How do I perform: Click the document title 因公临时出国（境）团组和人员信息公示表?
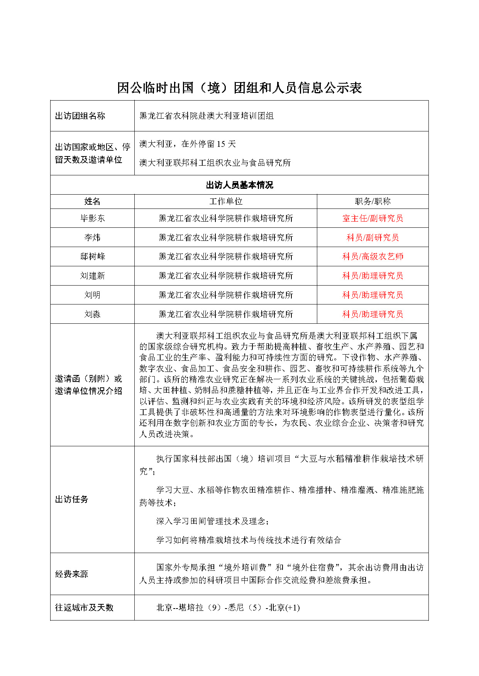[x=239, y=88]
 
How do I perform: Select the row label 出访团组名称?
[x=80, y=116]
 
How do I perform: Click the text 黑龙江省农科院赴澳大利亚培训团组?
[x=206, y=116]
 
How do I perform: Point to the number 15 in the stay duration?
[x=221, y=144]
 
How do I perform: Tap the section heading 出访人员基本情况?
[x=239, y=185]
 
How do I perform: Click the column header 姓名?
[x=92, y=202]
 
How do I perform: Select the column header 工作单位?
[x=226, y=202]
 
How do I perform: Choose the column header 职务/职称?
[x=372, y=202]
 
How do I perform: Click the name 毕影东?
[x=92, y=219]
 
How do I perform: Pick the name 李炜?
[x=92, y=238]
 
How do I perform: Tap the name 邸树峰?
[x=92, y=257]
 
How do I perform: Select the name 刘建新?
[x=92, y=276]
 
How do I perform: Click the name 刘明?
[x=92, y=295]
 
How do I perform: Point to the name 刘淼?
[x=92, y=314]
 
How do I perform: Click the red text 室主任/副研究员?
[x=372, y=219]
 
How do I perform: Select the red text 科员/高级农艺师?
[x=372, y=257]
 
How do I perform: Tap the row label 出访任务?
[x=72, y=499]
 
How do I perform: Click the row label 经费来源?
[x=72, y=574]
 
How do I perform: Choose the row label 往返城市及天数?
[x=84, y=608]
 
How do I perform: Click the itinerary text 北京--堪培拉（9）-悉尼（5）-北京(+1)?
[x=228, y=608]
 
